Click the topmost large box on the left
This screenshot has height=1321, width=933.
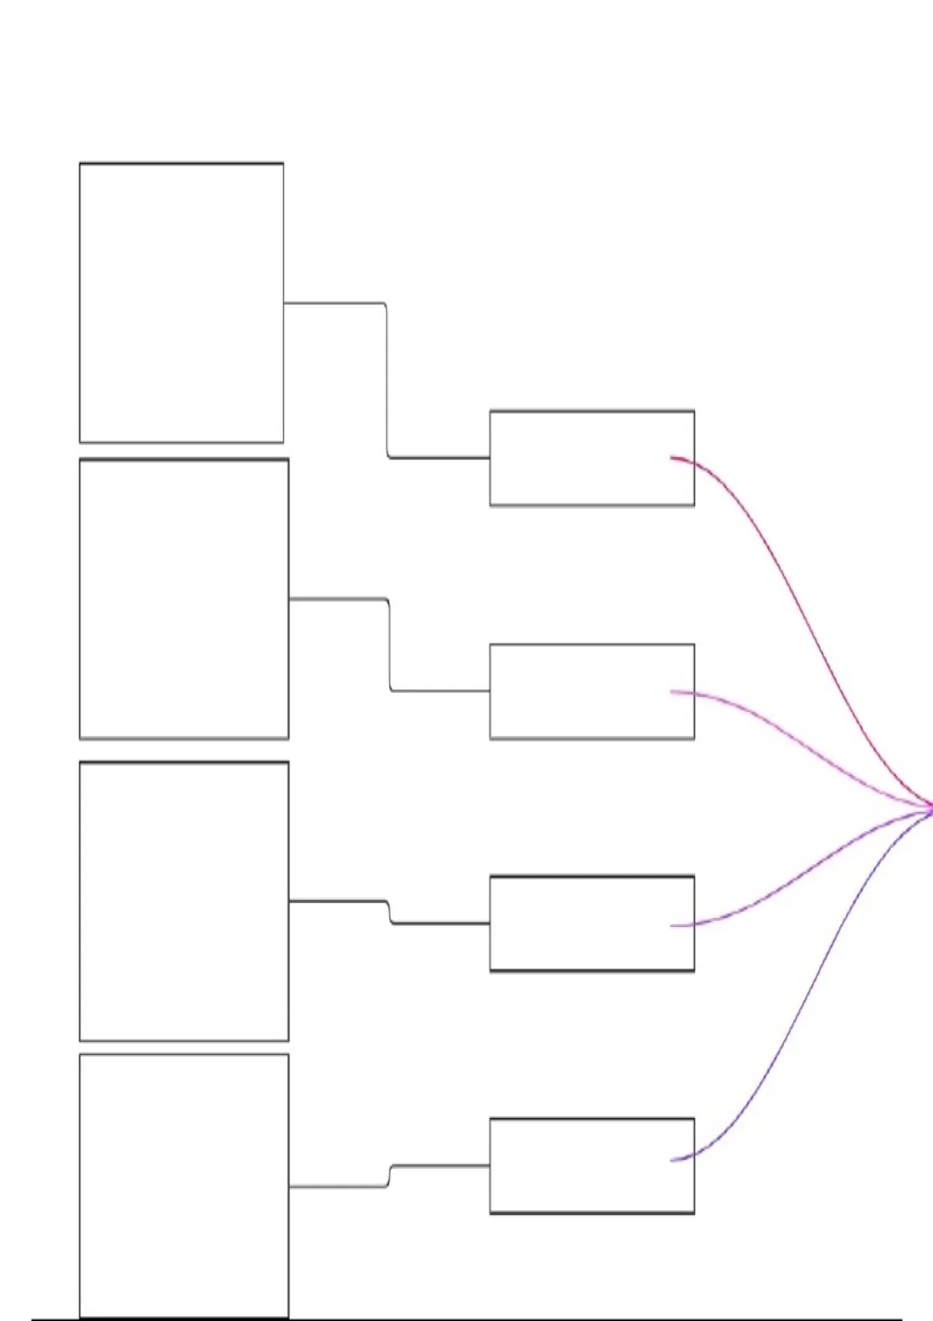coord(181,302)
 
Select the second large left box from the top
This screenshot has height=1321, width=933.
coord(183,598)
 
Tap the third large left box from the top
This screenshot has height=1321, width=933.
coord(183,901)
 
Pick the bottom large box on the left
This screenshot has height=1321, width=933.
coord(183,1185)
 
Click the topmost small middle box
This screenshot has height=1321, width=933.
coord(592,458)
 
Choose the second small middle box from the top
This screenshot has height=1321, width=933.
coord(592,691)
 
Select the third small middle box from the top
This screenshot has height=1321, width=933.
coord(592,923)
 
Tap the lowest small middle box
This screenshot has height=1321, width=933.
coord(592,1166)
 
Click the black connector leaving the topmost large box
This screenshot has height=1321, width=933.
coord(334,303)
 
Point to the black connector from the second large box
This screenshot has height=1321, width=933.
coord(338,599)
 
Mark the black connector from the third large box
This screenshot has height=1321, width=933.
coord(338,901)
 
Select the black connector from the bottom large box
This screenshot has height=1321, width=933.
coord(338,1187)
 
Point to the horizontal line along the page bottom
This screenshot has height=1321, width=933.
coord(466,1319)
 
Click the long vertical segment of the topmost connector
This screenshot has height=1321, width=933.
coord(387,381)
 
